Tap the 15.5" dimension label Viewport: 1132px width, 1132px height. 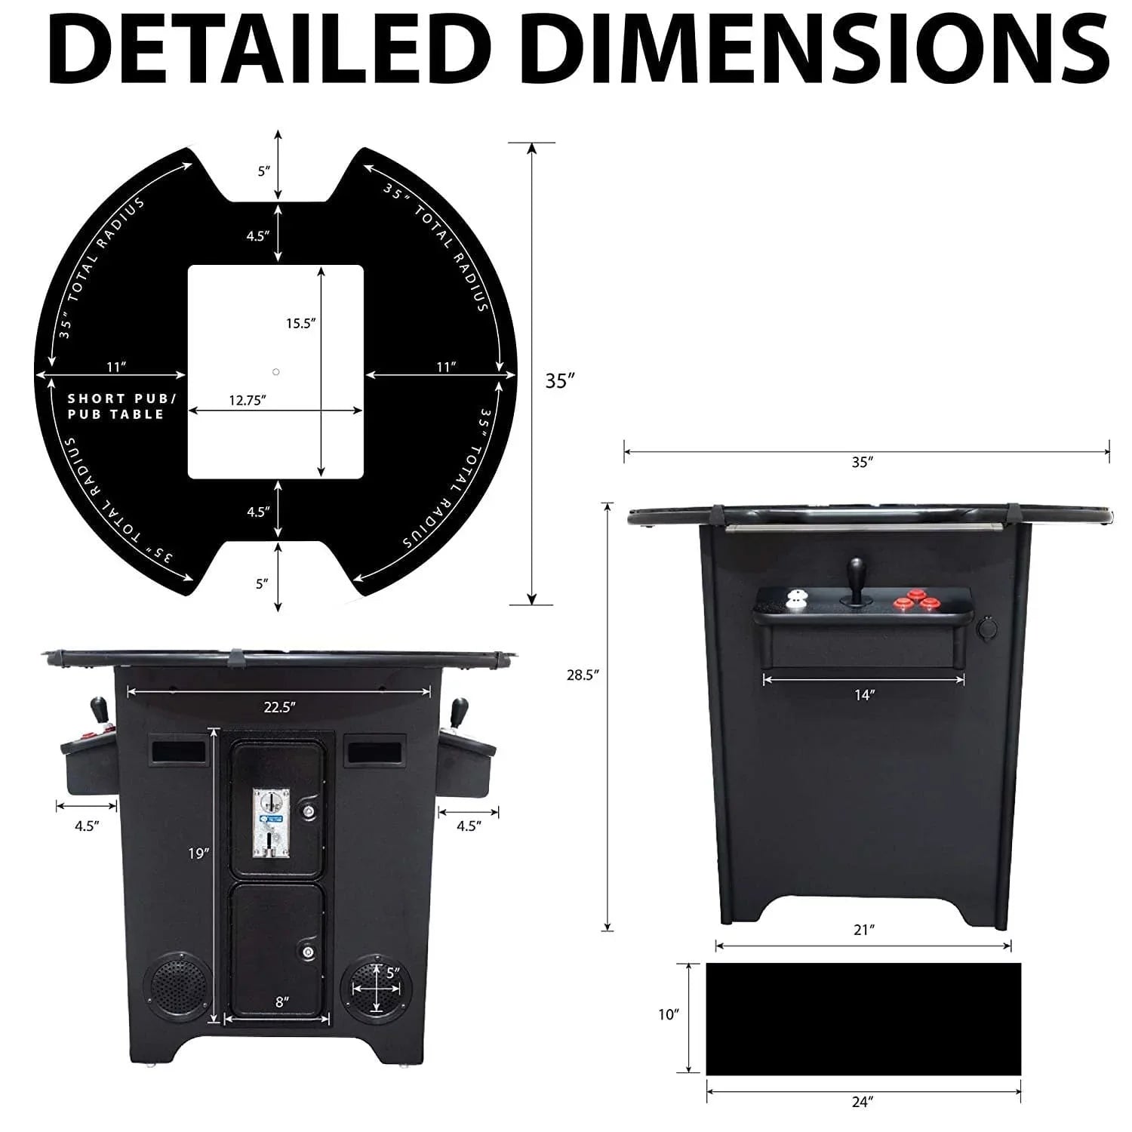(x=300, y=324)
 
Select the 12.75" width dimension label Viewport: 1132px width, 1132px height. (x=248, y=401)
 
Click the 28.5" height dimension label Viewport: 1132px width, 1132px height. (x=583, y=675)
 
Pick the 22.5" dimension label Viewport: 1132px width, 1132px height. (x=279, y=707)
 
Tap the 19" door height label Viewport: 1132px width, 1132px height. (x=198, y=854)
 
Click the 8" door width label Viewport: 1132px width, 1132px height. (x=281, y=1002)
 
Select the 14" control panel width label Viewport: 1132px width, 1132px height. (x=863, y=695)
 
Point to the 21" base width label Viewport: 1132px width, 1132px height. (x=863, y=930)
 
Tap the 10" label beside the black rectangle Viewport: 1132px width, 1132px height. (x=669, y=1015)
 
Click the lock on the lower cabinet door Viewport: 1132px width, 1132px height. (x=309, y=953)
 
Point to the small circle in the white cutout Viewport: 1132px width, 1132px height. (x=276, y=372)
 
